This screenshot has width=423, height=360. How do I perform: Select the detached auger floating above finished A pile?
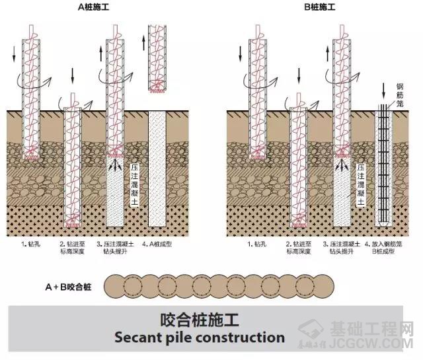(156, 59)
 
